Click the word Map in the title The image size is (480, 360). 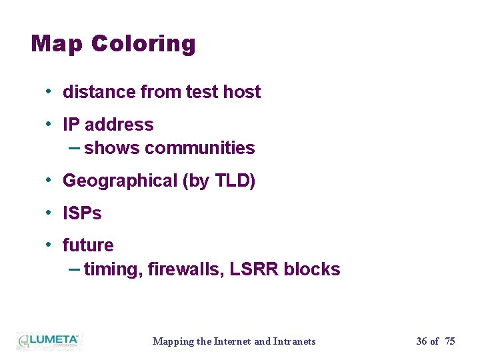pos(57,44)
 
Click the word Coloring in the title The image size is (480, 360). pos(143,45)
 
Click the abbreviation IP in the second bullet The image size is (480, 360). pos(71,125)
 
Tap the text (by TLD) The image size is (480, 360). pos(219,181)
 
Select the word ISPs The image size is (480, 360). pos(82,213)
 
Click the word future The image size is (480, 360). pos(88,245)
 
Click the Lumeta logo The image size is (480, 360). pos(49,341)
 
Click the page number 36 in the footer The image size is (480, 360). pos(421,341)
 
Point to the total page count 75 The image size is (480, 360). pos(450,341)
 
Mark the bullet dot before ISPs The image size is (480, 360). pos(49,213)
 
